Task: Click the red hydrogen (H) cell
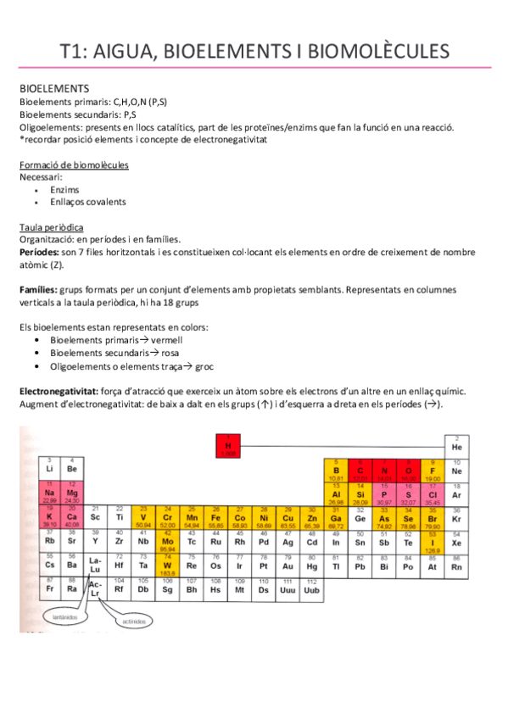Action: [227, 446]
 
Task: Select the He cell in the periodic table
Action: [456, 444]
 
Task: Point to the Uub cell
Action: [312, 587]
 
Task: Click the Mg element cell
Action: [72, 493]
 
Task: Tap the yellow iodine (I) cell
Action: [433, 539]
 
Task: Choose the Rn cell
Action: [456, 565]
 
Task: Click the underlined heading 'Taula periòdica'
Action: [51, 228]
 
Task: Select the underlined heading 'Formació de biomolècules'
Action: [74, 164]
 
